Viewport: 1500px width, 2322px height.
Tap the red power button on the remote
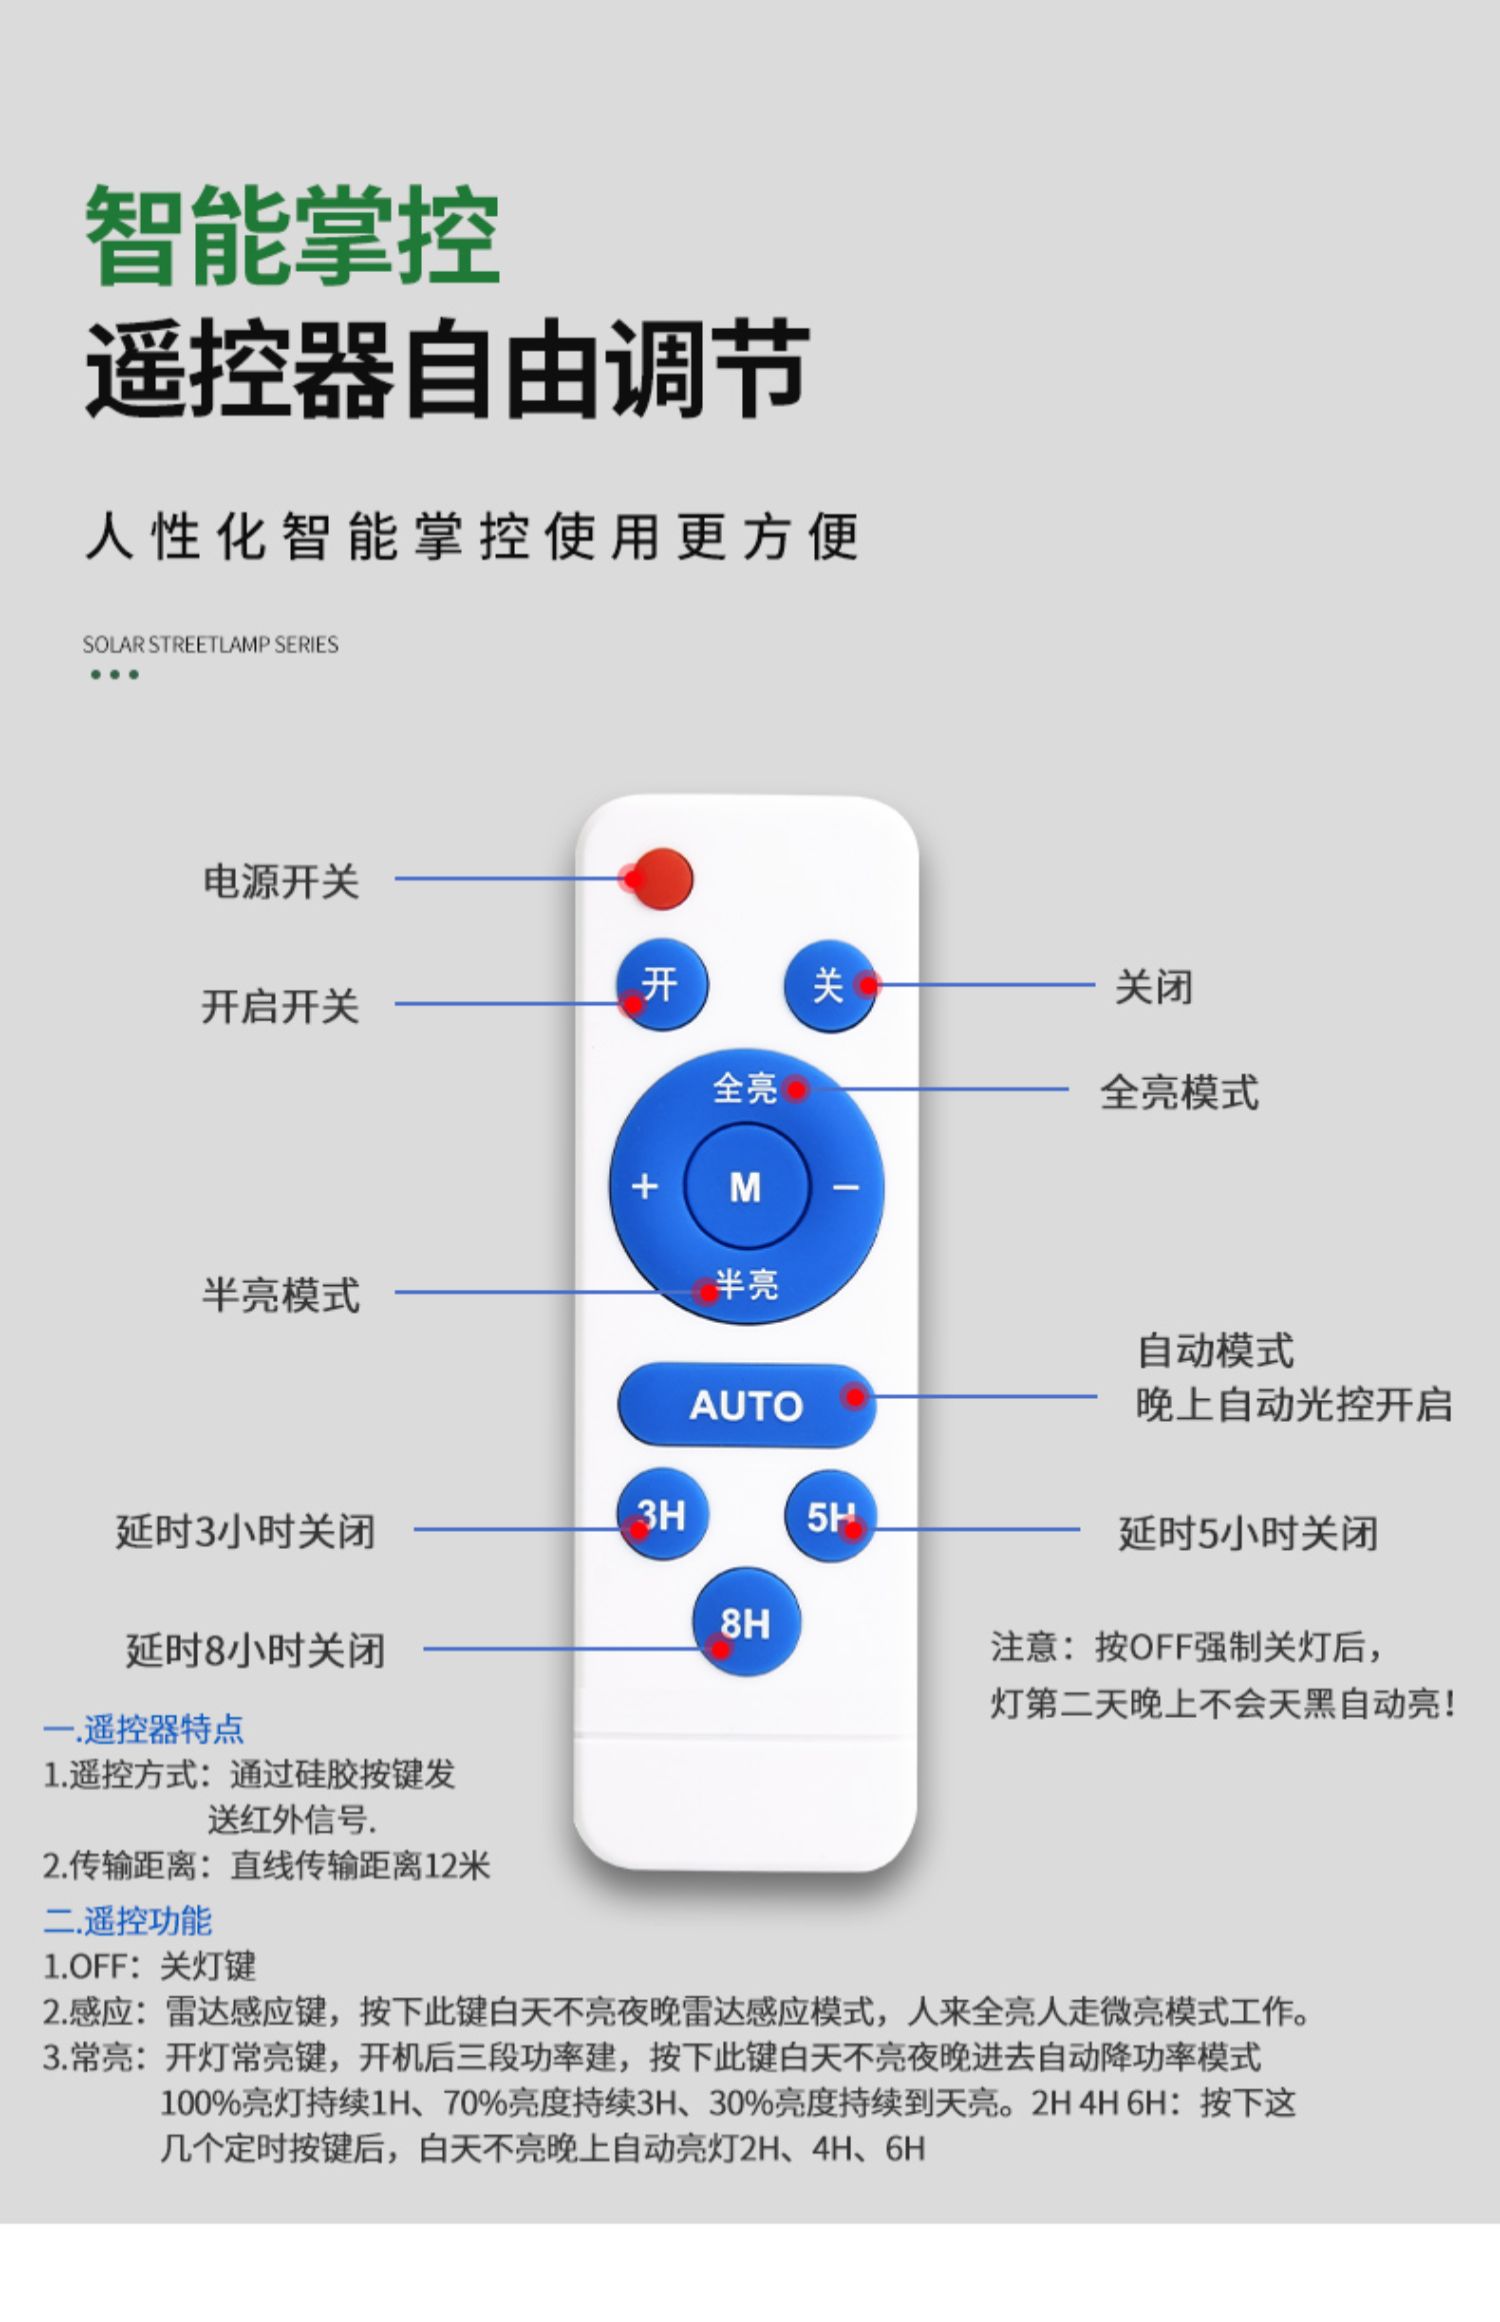click(662, 878)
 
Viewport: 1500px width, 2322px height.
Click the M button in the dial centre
click(746, 1187)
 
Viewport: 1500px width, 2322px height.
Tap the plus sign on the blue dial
click(645, 1186)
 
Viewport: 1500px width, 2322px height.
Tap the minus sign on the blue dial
click(846, 1187)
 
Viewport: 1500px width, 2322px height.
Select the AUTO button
click(746, 1405)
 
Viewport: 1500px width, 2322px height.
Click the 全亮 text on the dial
click(745, 1088)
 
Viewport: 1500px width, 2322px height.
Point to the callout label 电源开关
click(280, 881)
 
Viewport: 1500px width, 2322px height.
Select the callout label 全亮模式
click(1179, 1092)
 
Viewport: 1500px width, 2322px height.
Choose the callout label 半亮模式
click(280, 1295)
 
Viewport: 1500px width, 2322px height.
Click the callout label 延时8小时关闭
click(255, 1649)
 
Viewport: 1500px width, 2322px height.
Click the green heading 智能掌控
click(292, 236)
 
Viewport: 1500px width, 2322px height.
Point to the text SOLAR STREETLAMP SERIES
click(210, 645)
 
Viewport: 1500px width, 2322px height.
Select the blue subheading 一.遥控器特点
click(143, 1729)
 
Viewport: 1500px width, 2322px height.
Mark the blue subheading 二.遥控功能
click(127, 1920)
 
